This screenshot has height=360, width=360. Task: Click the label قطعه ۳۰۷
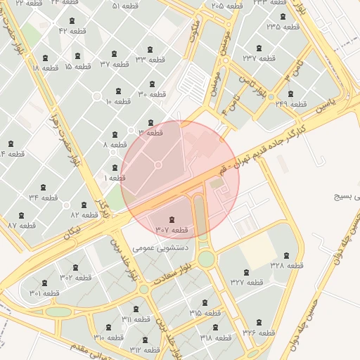click(x=172, y=230)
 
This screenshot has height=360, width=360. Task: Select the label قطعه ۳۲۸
click(x=286, y=265)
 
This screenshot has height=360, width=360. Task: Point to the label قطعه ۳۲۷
click(x=245, y=282)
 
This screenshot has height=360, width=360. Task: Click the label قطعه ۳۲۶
click(x=259, y=331)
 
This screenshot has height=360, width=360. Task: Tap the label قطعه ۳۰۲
click(x=75, y=277)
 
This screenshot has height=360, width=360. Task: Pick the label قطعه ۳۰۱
click(x=44, y=292)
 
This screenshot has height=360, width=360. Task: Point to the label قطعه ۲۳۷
click(x=259, y=58)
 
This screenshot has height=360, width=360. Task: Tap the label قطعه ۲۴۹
click(x=292, y=104)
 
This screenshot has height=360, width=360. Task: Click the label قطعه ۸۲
click(x=84, y=214)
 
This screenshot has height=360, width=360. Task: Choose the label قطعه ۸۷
click(x=22, y=225)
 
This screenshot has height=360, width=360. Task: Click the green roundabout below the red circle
click(x=205, y=259)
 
